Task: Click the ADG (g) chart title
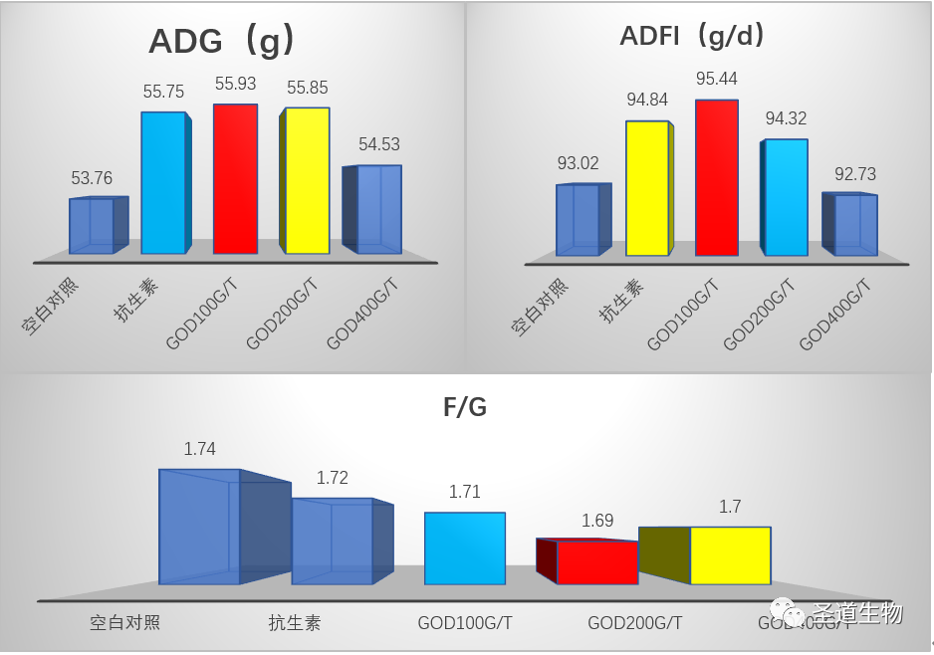[221, 42]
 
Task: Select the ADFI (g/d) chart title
[692, 37]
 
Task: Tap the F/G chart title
[465, 406]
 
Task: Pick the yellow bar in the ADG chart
[305, 180]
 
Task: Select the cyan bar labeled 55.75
[162, 183]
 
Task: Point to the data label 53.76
[92, 179]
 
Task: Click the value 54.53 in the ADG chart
[379, 145]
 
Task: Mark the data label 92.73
[855, 174]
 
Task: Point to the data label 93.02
[579, 163]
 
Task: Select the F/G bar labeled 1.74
[200, 527]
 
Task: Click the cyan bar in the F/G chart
[465, 547]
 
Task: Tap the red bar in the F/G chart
[596, 562]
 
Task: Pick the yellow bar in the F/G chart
[729, 555]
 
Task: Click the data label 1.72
[333, 479]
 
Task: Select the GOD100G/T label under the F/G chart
[465, 624]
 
